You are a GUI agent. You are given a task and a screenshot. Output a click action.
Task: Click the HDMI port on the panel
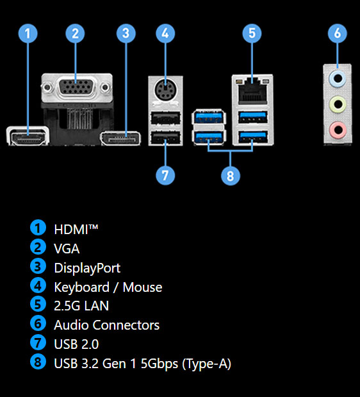pos(28,136)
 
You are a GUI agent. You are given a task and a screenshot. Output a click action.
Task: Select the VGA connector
pos(77,87)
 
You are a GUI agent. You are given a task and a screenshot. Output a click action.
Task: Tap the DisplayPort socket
pos(121,139)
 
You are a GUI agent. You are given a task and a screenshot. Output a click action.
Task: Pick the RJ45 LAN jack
pos(252,91)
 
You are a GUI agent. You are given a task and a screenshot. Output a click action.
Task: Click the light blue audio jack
pos(338,78)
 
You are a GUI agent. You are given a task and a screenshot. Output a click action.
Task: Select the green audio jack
pos(338,104)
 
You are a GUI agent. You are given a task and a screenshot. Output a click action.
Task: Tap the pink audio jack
pos(338,130)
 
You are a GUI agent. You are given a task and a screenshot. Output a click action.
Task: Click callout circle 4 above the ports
pos(165,33)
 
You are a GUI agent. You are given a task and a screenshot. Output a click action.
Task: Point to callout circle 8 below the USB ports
pos(231,176)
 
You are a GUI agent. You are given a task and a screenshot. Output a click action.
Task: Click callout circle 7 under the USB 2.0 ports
pos(165,175)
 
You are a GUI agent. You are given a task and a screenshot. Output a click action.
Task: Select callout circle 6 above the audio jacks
pos(338,33)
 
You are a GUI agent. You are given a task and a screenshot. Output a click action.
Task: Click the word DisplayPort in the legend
pos(87,268)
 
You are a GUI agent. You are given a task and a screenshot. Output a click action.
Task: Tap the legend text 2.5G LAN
pos(81,306)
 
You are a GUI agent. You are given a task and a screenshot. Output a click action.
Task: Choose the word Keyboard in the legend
pos(81,287)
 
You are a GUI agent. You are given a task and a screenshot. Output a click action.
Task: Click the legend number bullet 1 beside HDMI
pos(38,228)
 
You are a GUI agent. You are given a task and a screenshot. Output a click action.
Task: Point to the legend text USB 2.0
pos(76,344)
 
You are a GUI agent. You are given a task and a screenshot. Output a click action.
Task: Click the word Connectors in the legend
pos(126,325)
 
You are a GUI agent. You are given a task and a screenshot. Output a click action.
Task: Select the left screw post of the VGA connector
pos(47,88)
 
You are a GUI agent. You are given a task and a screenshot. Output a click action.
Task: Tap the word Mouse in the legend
pos(142,287)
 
